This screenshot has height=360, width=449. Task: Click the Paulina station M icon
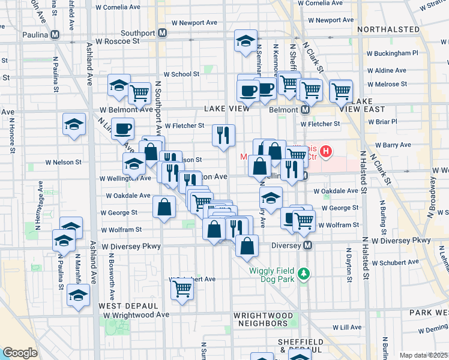55,34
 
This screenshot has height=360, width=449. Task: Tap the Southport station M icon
162,33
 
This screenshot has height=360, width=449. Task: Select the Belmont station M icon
305,110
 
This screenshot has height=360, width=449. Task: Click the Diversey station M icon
308,245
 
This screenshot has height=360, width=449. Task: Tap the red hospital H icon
326,152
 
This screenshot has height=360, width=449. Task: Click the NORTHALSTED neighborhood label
388,29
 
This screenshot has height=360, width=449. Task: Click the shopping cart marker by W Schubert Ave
182,289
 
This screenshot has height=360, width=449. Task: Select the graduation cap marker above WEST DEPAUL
78,295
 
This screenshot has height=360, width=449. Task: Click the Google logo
19,353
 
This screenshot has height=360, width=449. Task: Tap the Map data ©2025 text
424,355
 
